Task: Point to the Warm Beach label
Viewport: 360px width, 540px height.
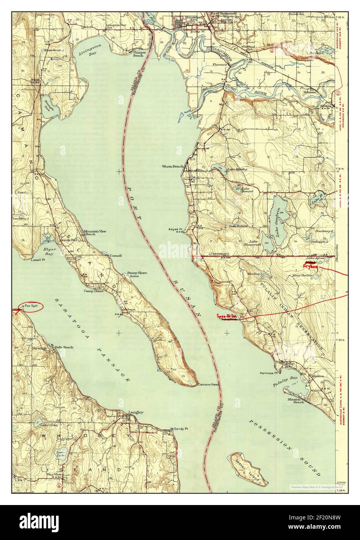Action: (x=172, y=167)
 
